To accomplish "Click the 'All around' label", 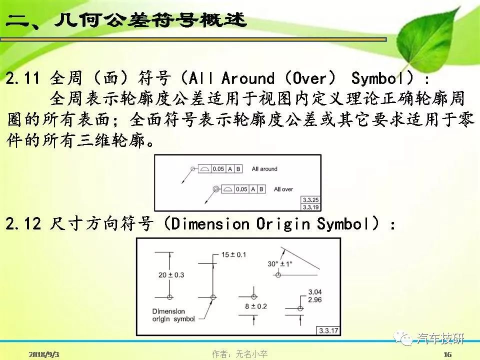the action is click(x=264, y=168).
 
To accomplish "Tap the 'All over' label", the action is click(x=283, y=189).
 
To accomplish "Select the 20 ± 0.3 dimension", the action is click(x=171, y=275).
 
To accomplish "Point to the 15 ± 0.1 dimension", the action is click(x=233, y=254).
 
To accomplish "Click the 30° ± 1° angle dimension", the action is click(x=280, y=263).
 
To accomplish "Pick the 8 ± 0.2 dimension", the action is click(x=256, y=306).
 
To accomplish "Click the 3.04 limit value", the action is click(x=314, y=291).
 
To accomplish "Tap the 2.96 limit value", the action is click(x=314, y=299).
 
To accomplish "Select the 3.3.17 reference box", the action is click(x=328, y=330).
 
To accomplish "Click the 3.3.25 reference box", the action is click(x=310, y=200).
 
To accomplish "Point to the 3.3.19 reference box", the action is click(x=310, y=207).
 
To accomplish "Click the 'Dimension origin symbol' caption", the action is click(x=173, y=315).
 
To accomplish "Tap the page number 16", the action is click(x=447, y=354).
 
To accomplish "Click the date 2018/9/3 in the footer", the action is click(x=44, y=354).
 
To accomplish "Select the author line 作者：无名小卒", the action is click(x=239, y=354).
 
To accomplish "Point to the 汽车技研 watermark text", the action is click(x=440, y=338).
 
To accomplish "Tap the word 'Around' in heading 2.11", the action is click(x=247, y=78).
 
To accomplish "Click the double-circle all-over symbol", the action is click(x=216, y=189).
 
